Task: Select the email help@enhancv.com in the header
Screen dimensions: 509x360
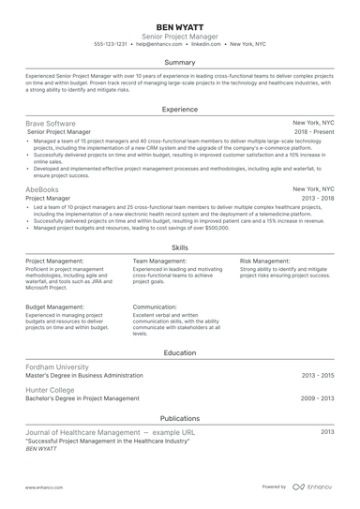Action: [x=158, y=44]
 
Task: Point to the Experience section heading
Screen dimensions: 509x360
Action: [x=179, y=109]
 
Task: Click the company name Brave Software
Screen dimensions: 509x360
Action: [x=51, y=123]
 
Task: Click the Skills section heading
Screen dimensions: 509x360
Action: [x=179, y=247]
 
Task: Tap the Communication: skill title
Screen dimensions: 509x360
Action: [x=155, y=307]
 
